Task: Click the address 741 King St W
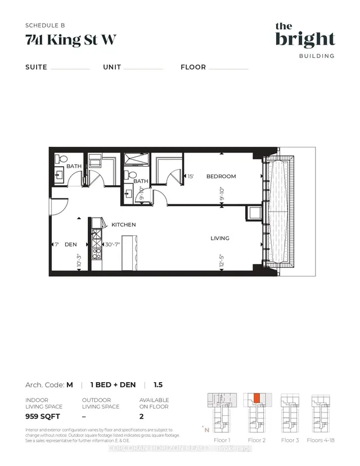(x=71, y=40)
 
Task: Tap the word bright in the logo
(x=305, y=39)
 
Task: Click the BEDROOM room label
(x=221, y=176)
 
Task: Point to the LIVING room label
(x=219, y=238)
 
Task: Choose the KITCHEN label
(x=123, y=225)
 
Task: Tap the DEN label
(x=70, y=245)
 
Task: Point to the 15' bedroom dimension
(x=190, y=176)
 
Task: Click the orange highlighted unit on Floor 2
(x=256, y=397)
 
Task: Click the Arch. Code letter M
(x=69, y=385)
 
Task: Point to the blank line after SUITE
(x=70, y=69)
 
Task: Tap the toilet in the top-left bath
(x=62, y=159)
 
